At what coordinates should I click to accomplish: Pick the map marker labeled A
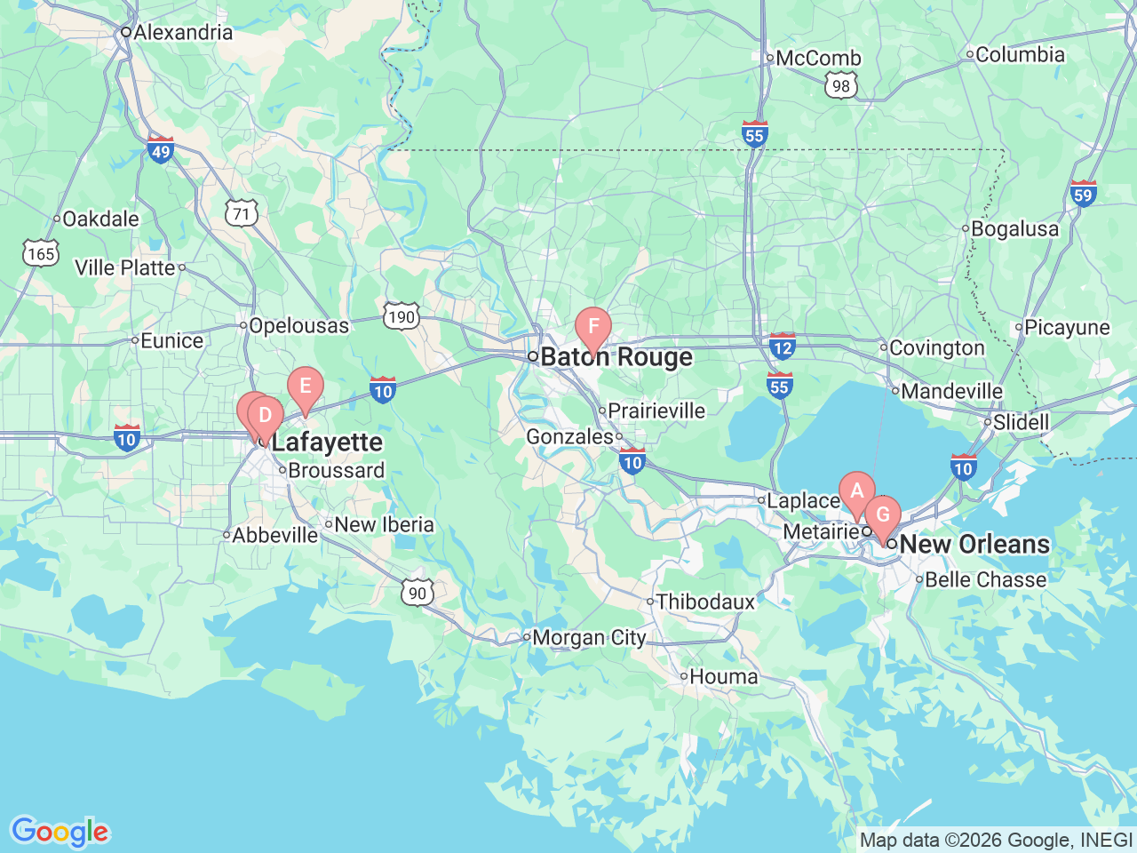(x=856, y=491)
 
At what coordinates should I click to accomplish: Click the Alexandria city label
(x=182, y=33)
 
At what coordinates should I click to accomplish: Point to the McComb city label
(x=817, y=59)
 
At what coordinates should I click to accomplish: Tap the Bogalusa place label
(x=1014, y=229)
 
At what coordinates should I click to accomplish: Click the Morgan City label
(x=589, y=638)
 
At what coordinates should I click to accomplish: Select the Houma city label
(x=723, y=677)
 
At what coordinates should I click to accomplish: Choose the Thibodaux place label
(x=705, y=602)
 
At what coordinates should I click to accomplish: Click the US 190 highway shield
(x=401, y=316)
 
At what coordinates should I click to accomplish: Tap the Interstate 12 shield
(x=782, y=347)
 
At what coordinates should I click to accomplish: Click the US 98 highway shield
(x=840, y=86)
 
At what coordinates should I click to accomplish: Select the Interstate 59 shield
(x=1083, y=194)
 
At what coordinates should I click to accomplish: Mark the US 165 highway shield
(x=41, y=254)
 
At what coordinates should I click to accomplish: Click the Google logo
(x=60, y=832)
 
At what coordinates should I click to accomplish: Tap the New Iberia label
(x=384, y=525)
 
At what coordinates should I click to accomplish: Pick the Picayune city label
(x=1066, y=328)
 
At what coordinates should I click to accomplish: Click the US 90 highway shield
(x=417, y=593)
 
